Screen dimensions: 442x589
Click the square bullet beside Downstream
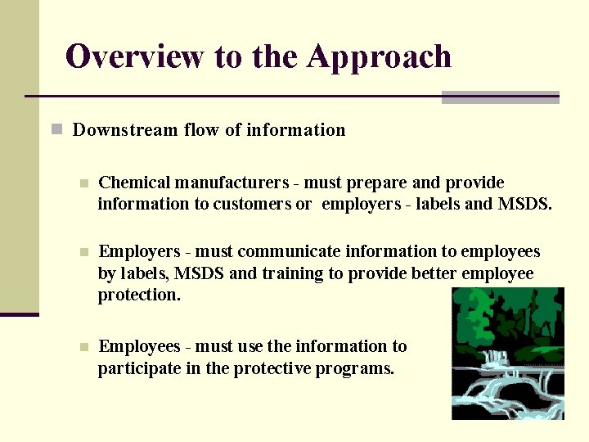tap(56, 129)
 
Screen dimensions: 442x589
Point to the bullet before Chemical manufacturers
tap(82, 183)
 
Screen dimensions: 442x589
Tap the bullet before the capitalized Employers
tap(82, 253)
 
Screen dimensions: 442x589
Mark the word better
tap(425, 273)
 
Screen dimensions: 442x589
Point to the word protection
tap(139, 295)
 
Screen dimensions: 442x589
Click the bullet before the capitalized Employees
tap(82, 348)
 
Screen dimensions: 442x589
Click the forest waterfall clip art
tap(508, 354)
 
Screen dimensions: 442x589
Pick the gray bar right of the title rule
tap(500, 97)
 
